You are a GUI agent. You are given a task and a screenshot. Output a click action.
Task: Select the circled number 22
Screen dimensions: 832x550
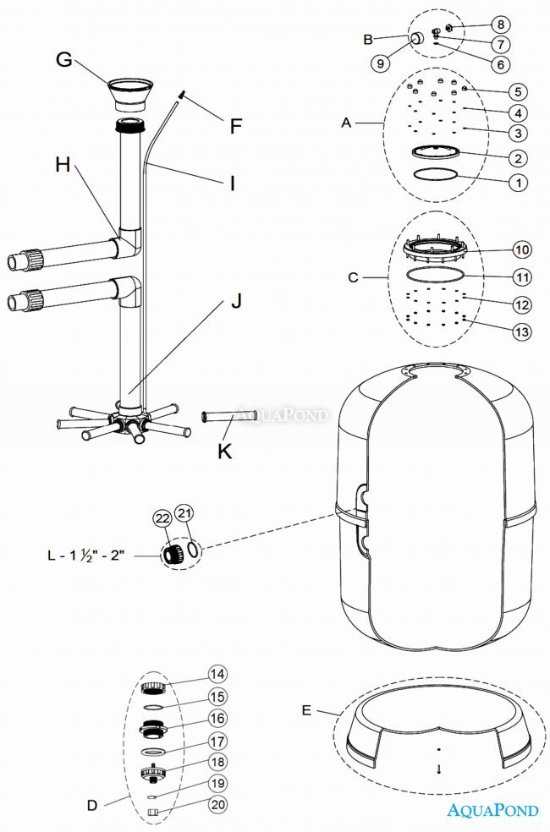[162, 518]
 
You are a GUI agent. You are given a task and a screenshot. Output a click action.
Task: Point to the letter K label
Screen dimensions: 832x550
[224, 451]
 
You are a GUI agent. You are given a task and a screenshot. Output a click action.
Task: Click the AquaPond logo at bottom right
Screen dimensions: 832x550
[492, 810]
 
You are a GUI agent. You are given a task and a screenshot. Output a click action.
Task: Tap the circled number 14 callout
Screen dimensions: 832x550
[218, 674]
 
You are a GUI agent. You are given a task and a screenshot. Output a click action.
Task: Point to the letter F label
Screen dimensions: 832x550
[236, 126]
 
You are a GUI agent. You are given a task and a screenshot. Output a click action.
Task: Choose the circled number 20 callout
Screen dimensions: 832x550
[218, 805]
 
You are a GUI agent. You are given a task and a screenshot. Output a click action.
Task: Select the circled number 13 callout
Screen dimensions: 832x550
[522, 332]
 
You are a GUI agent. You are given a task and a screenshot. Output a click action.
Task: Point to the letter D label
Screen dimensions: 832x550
[93, 805]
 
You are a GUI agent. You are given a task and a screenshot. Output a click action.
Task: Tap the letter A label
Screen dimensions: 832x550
[346, 123]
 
